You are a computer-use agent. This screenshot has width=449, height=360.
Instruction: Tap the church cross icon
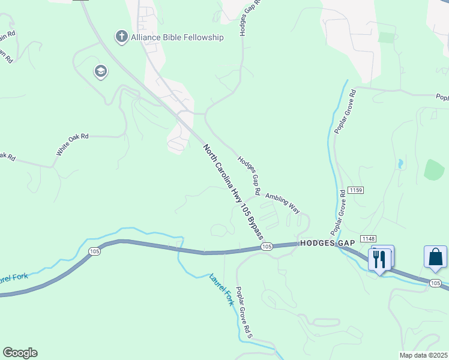point(121,37)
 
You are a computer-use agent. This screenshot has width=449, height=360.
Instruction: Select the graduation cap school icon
point(100,73)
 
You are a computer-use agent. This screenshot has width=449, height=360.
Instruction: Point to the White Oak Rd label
point(73,145)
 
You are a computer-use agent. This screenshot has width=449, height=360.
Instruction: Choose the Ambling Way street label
point(282,203)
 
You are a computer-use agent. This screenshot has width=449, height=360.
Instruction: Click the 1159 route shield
point(355,190)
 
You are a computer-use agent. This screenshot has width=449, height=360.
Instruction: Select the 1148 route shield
point(369,239)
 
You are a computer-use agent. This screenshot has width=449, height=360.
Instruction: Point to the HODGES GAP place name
point(324,243)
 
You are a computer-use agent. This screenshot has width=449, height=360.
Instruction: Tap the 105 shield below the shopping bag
point(436,282)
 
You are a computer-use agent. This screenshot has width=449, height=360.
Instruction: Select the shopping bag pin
point(435,257)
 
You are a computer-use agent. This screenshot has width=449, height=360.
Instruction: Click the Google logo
point(20,353)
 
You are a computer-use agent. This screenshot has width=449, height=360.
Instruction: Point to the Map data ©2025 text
point(423,355)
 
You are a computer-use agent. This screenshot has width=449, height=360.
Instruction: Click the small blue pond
point(400,163)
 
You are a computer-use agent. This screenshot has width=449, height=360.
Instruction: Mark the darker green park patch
point(434,170)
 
